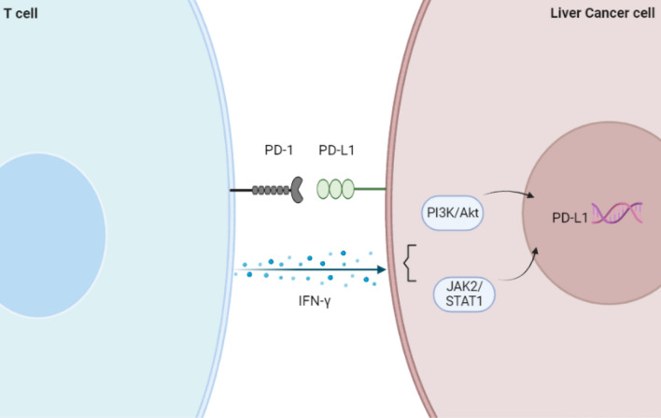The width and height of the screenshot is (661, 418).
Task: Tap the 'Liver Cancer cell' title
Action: [x=606, y=9]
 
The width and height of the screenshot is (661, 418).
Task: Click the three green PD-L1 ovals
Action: [x=335, y=190]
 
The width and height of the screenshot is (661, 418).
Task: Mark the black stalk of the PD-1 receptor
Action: [x=242, y=191]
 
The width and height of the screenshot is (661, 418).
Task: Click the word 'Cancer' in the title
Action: [x=608, y=9]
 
